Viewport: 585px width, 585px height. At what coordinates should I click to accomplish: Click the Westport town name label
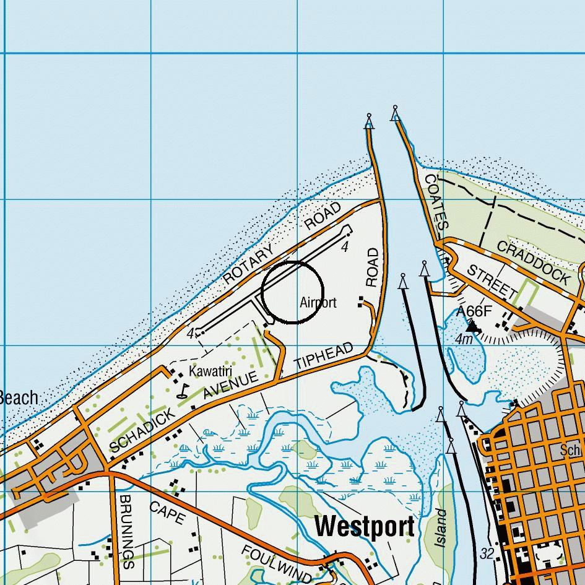pos(365,527)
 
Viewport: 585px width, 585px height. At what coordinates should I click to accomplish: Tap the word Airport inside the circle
pos(318,302)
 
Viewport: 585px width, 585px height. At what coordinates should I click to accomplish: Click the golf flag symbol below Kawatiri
pos(183,391)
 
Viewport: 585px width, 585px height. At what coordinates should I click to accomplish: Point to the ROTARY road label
pos(248,264)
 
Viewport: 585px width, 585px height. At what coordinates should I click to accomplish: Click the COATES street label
pos(435,202)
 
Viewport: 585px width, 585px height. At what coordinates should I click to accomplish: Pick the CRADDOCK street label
pos(534,262)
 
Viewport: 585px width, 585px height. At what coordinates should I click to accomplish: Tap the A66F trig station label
pos(474,312)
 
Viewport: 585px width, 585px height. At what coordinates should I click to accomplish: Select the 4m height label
pos(464,340)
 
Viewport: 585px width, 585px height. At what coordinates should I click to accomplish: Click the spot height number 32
pos(487,553)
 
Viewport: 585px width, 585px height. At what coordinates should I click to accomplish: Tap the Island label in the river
pos(441,527)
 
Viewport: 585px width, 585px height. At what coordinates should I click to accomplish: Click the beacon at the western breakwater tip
pos(370,119)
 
